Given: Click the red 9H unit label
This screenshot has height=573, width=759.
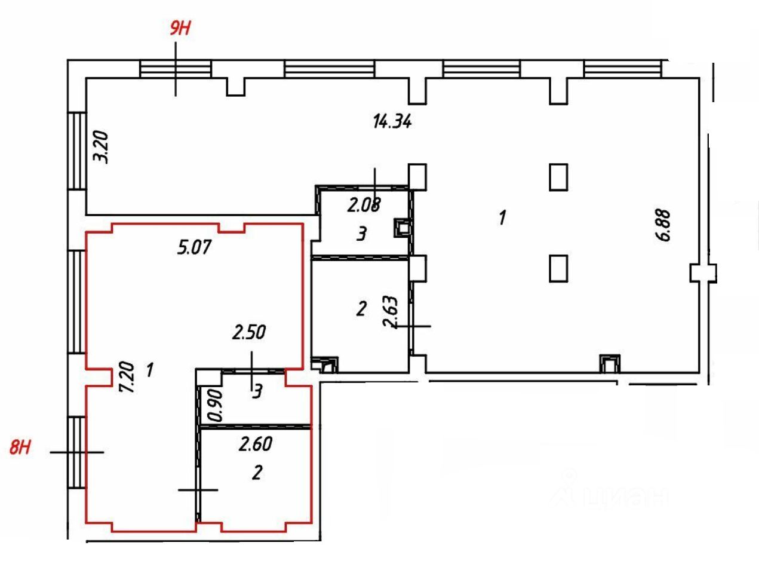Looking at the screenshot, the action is [179, 29].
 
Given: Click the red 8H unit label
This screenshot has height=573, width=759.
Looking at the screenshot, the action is [20, 447].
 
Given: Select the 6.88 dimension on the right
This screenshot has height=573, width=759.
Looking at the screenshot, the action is [665, 225].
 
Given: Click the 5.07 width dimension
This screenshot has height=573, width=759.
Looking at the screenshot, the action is [194, 247].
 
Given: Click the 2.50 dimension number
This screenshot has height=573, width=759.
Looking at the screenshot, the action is [249, 332].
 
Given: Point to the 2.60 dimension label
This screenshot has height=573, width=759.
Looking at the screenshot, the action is [256, 444].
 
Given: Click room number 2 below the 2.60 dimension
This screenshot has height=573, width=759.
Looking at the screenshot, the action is [257, 473].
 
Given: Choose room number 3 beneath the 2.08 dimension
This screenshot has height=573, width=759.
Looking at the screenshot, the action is [361, 234].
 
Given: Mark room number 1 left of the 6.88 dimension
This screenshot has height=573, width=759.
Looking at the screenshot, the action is [502, 217].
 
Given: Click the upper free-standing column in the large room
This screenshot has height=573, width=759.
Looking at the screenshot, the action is [558, 177].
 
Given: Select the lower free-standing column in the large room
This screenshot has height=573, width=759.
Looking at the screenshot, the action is [558, 268].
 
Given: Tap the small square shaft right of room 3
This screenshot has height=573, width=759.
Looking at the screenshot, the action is [401, 227].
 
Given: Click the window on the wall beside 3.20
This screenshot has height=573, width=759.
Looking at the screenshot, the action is [77, 151].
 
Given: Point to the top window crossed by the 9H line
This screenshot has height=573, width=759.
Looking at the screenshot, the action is [175, 69].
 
